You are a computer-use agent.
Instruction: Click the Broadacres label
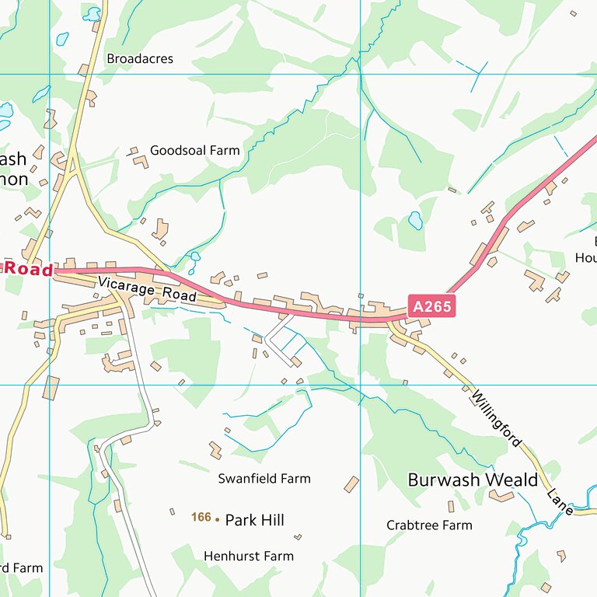[140, 59]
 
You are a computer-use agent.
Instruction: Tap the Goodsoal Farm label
[195, 150]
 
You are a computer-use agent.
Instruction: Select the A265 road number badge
[431, 306]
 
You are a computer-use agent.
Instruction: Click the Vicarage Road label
[147, 288]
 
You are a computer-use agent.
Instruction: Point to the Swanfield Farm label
[264, 479]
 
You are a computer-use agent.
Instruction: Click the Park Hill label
[254, 520]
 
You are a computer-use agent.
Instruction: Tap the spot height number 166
[201, 517]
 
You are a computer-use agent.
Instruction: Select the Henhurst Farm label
[249, 556]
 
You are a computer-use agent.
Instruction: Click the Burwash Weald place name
[473, 480]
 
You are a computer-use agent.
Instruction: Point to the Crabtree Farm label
[429, 525]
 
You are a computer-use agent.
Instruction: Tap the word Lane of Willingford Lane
[560, 501]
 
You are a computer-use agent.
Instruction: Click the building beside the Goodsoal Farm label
[140, 161]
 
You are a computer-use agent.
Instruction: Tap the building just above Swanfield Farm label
[215, 449]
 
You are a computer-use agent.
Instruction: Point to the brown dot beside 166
[217, 518]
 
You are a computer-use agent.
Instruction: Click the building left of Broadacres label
[83, 70]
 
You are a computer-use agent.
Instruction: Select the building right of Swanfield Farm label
[351, 484]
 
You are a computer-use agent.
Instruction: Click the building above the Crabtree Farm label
[451, 506]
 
